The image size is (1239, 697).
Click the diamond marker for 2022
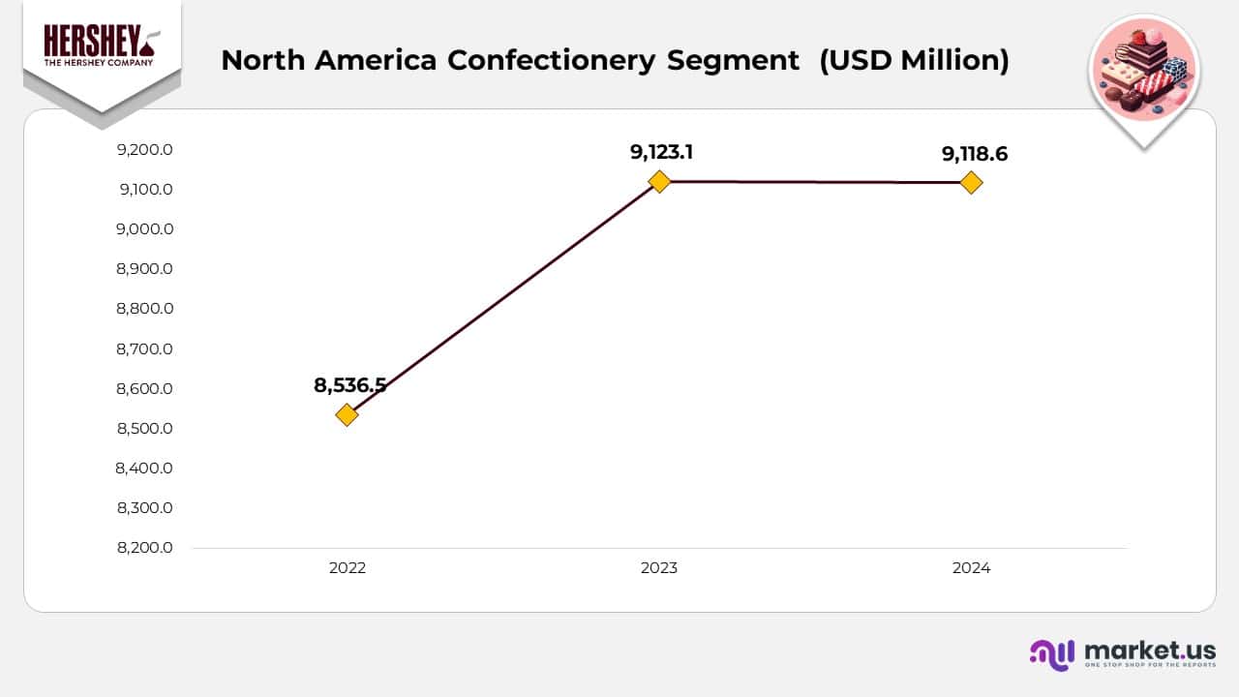pyautogui.click(x=347, y=415)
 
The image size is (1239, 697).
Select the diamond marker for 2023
pyautogui.click(x=659, y=181)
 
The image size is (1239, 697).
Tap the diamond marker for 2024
pyautogui.click(x=971, y=182)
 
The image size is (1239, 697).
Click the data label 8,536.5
pyautogui.click(x=349, y=385)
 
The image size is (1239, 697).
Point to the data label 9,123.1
pyautogui.click(x=662, y=151)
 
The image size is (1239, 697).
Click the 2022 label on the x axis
pyautogui.click(x=347, y=568)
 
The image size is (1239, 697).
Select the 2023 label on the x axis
pyautogui.click(x=659, y=568)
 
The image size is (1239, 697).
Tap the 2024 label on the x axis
pyautogui.click(x=971, y=568)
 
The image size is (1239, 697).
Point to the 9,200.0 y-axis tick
pyautogui.click(x=144, y=150)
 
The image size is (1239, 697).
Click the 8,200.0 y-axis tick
pyautogui.click(x=144, y=548)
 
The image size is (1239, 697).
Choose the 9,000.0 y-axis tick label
pyautogui.click(x=144, y=229)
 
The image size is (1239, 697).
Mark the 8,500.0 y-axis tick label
pyautogui.click(x=144, y=429)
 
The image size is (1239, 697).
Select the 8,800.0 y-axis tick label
pyautogui.click(x=144, y=309)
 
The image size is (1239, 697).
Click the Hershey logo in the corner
pyautogui.click(x=102, y=48)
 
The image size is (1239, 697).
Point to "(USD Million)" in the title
pyautogui.click(x=914, y=60)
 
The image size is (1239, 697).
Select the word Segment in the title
pyautogui.click(x=733, y=60)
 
